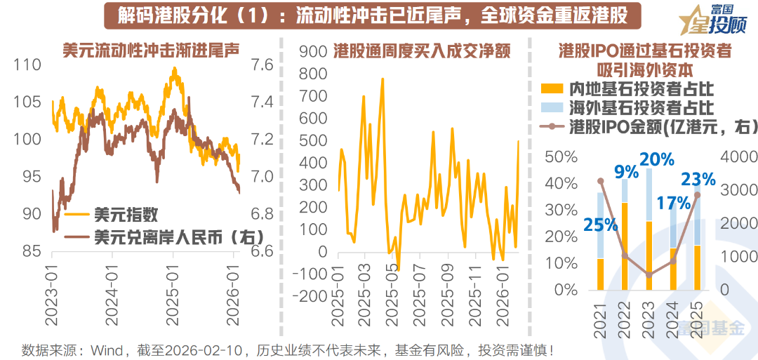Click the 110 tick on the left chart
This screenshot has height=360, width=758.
tap(27, 65)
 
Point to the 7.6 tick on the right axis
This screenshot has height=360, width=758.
tap(263, 65)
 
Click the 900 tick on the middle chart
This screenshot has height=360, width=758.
tap(313, 51)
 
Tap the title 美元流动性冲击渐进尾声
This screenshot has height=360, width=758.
tap(152, 51)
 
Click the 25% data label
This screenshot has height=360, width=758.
tap(601, 225)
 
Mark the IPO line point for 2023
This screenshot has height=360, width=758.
tap(649, 274)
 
